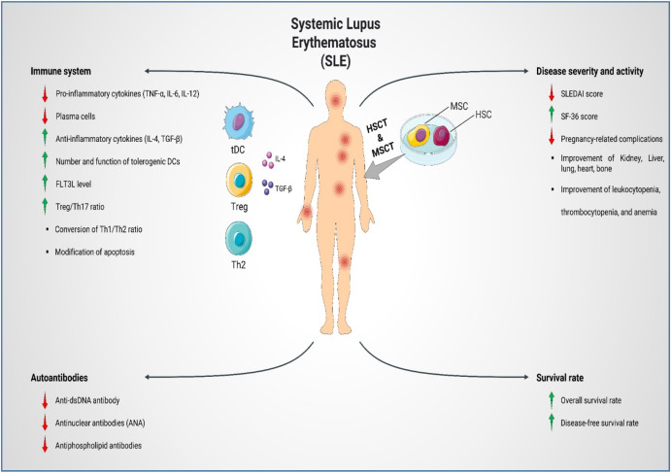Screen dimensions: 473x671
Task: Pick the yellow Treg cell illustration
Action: tap(237, 179)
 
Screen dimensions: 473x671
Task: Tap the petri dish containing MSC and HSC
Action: tap(441, 133)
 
